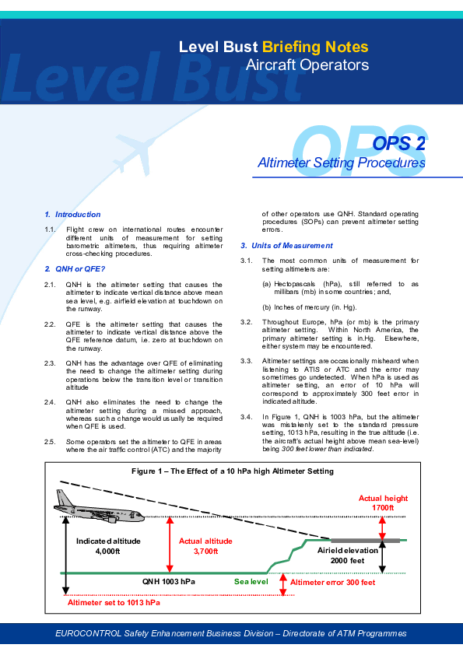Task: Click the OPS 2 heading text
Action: (x=398, y=144)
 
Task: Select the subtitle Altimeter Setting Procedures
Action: (x=342, y=163)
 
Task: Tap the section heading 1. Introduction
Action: (x=72, y=214)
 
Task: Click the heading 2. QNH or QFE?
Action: (x=75, y=269)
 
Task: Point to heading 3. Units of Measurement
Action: (x=286, y=246)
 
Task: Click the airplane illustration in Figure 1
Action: (x=99, y=506)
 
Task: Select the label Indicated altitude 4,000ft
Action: (x=108, y=546)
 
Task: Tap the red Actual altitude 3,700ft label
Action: (x=205, y=546)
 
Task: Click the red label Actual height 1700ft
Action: (x=383, y=503)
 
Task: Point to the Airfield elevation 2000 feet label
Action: (x=348, y=555)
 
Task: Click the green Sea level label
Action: (x=251, y=581)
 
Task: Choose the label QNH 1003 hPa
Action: (x=168, y=581)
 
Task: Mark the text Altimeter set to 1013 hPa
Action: (x=114, y=602)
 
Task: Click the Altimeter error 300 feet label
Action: (x=332, y=583)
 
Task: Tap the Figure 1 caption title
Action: (x=233, y=471)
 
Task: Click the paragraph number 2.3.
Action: (x=50, y=363)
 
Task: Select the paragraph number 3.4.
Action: (x=246, y=417)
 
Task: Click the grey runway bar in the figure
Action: (x=365, y=541)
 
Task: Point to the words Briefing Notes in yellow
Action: (x=315, y=47)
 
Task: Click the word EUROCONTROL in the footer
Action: (x=88, y=633)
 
